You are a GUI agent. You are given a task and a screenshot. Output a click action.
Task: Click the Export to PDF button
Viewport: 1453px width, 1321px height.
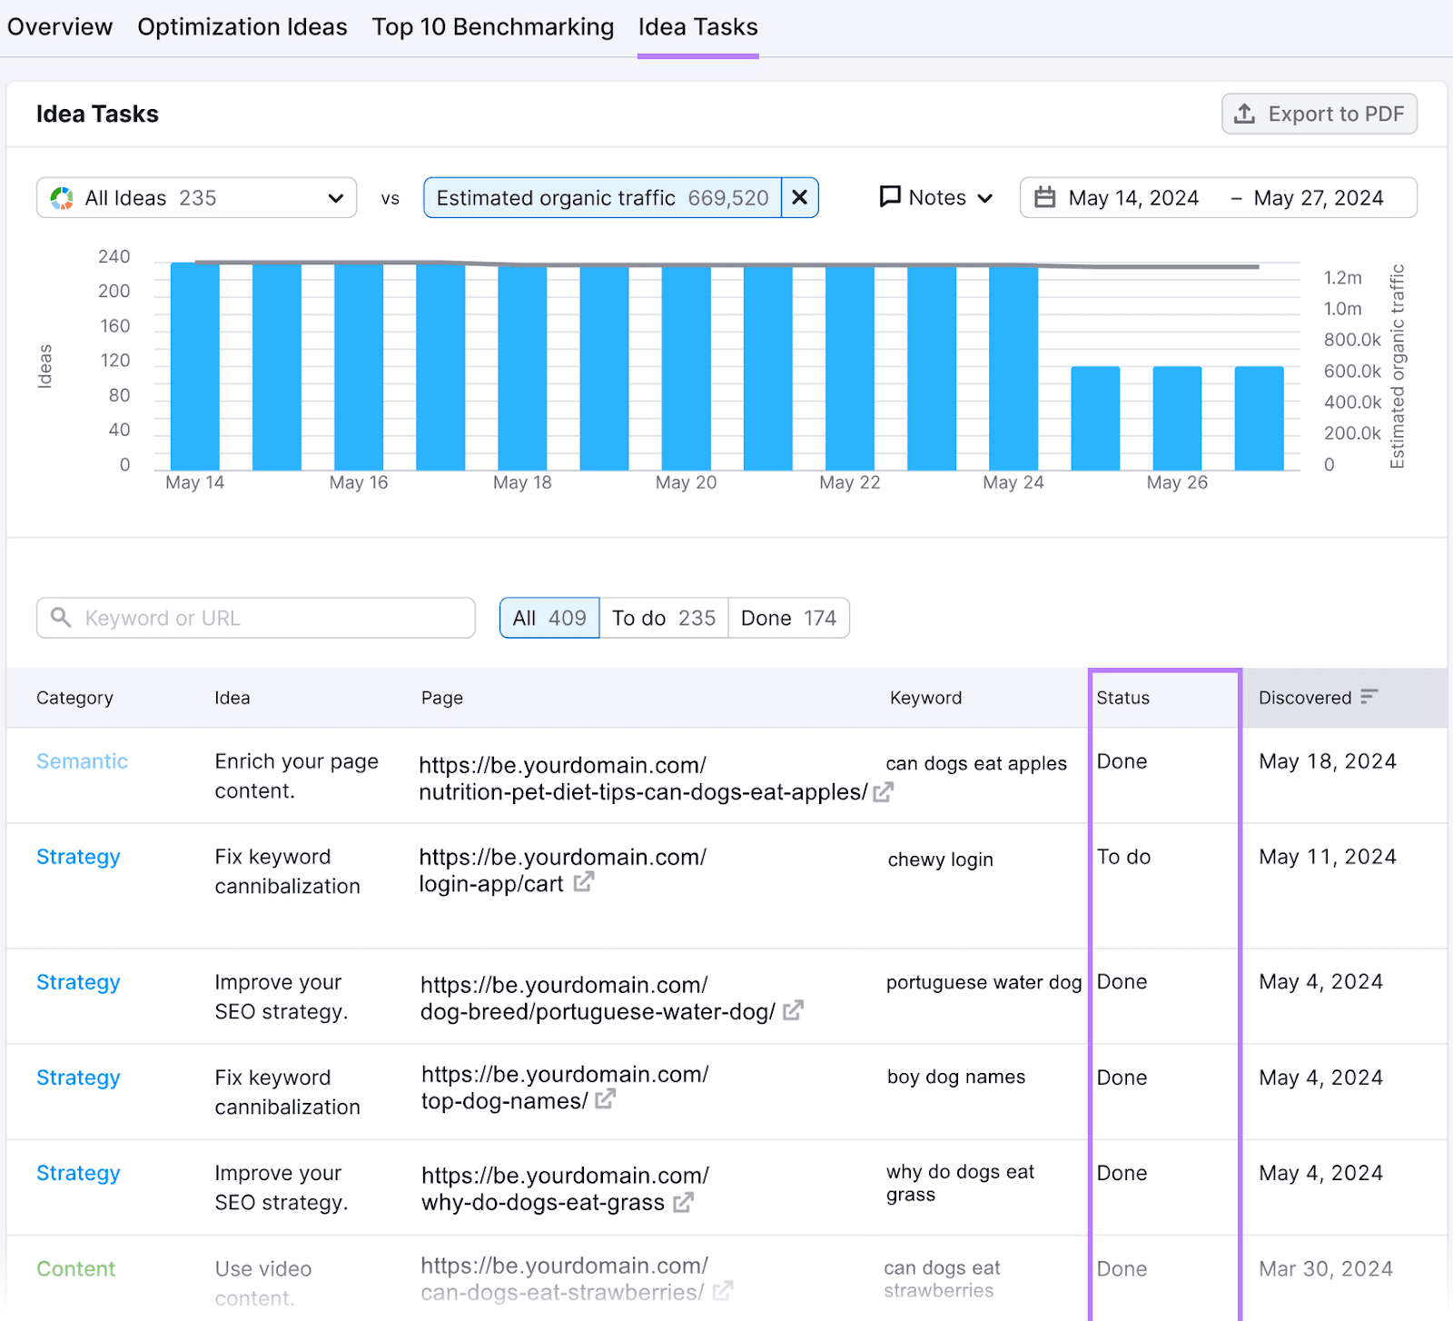tap(1319, 114)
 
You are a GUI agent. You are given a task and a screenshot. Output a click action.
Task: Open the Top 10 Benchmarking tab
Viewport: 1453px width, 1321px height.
tap(492, 27)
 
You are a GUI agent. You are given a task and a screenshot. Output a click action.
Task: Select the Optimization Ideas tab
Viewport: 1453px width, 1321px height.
tap(242, 27)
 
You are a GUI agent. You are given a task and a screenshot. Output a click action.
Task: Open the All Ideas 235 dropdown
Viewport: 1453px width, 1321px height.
tap(196, 198)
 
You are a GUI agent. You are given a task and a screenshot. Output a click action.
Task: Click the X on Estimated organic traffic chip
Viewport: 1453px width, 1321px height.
tap(799, 198)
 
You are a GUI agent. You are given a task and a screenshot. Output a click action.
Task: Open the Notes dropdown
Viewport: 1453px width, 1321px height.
tap(936, 198)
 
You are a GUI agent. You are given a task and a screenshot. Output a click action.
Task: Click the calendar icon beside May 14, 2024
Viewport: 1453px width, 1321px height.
tap(1045, 198)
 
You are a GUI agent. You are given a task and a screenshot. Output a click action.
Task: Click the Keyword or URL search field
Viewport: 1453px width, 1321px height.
tap(256, 618)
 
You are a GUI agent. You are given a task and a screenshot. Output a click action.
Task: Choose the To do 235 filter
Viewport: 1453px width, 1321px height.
tap(663, 618)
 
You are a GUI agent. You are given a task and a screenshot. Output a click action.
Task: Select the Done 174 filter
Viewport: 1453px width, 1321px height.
tap(787, 618)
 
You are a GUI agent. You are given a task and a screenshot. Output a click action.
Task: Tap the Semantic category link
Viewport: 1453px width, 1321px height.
tap(82, 761)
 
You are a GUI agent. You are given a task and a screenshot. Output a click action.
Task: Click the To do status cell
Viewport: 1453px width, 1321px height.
tap(1123, 857)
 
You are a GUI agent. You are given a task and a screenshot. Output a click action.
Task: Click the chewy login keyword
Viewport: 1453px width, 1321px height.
tap(940, 859)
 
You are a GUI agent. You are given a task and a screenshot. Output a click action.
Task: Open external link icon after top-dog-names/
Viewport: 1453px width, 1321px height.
tap(606, 1100)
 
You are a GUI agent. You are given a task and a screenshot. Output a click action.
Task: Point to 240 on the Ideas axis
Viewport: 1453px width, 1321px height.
tap(114, 257)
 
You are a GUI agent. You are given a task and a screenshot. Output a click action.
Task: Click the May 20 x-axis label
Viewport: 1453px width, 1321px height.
tap(686, 482)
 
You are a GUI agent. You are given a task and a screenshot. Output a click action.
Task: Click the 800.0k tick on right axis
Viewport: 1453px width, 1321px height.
tap(1351, 340)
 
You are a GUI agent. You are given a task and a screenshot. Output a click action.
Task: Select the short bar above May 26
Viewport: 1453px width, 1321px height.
tap(1176, 418)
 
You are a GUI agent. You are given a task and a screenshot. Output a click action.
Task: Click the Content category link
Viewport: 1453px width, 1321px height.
tap(75, 1269)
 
